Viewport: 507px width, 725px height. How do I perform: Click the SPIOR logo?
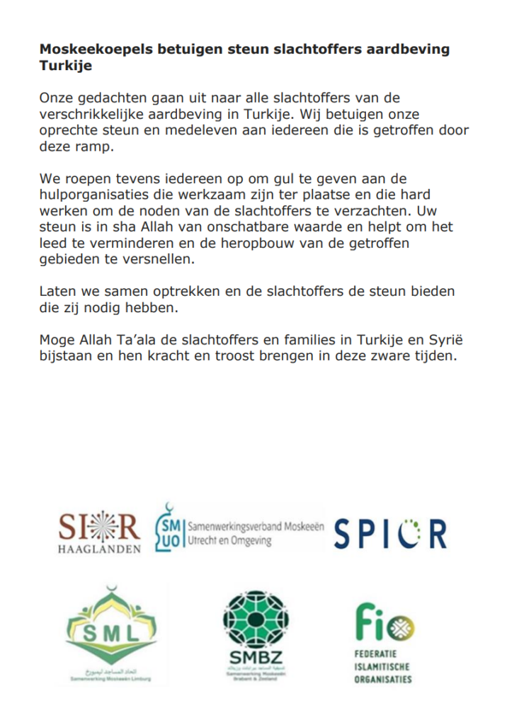pyautogui.click(x=389, y=533)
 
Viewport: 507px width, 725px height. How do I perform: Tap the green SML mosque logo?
pyautogui.click(x=111, y=629)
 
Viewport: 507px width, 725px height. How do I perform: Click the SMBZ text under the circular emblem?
pyautogui.click(x=255, y=658)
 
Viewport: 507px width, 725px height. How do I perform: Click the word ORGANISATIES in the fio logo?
pyautogui.click(x=383, y=680)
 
